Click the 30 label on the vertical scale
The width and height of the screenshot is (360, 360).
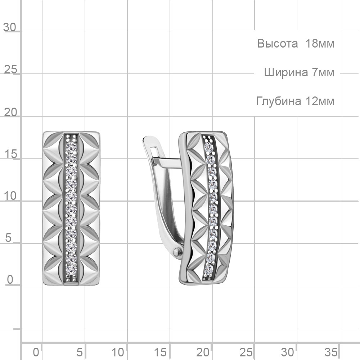(x=10, y=27)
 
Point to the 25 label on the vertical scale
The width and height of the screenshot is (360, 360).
(x=10, y=69)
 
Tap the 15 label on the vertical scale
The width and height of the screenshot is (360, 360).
(x=10, y=154)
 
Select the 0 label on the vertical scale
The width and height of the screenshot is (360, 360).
(x=10, y=280)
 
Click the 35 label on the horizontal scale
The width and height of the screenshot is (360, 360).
(x=331, y=352)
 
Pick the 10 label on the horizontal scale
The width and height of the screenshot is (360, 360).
(x=118, y=352)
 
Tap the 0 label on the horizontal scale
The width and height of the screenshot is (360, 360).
(x=36, y=352)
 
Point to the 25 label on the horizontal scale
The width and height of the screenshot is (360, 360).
(x=246, y=352)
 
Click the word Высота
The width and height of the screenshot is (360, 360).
(x=277, y=44)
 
